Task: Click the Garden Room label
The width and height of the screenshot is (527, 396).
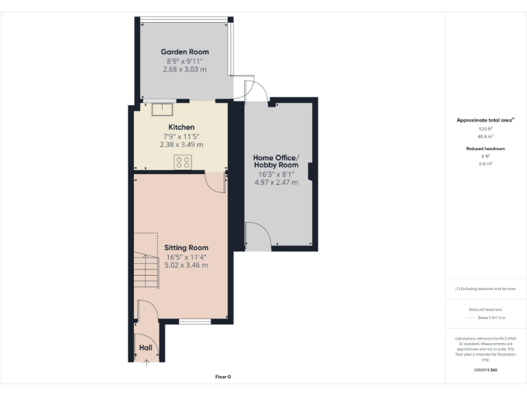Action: (185, 52)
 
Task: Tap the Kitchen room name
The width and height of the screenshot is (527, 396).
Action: (182, 127)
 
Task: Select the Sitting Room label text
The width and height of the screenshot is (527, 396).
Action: (186, 247)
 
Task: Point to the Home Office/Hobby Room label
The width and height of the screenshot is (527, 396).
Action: (276, 161)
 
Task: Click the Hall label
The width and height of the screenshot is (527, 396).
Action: (145, 348)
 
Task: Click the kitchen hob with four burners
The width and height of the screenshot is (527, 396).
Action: (183, 162)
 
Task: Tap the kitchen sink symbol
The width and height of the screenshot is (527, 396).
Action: (163, 108)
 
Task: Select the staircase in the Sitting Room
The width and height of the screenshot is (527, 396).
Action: (146, 272)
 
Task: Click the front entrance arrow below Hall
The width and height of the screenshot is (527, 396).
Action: (145, 363)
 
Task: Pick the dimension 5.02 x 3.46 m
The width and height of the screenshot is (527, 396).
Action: (186, 265)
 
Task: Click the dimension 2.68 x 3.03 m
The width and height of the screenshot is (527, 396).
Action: (185, 69)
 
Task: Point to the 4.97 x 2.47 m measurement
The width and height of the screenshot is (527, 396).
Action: (276, 183)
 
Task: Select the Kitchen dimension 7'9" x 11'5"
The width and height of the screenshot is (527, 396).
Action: (182, 136)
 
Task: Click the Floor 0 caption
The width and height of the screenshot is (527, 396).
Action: (223, 377)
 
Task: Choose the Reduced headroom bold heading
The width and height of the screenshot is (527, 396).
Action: (485, 148)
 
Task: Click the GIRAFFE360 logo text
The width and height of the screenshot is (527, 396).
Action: (485, 371)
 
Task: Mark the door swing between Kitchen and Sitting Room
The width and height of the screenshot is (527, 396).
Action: (216, 182)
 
